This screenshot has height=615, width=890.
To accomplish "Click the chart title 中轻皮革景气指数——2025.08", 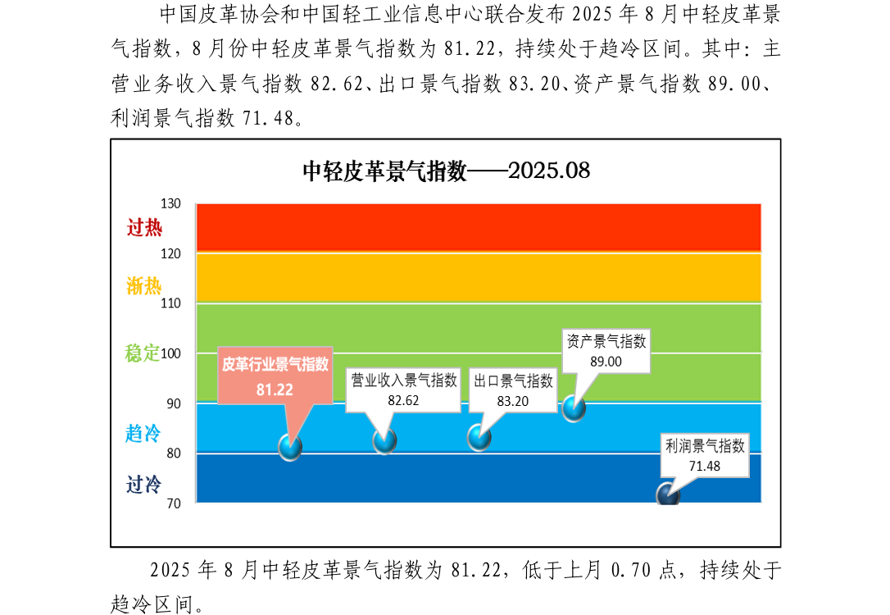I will (x=446, y=171).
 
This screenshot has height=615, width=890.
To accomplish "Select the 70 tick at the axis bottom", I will (x=172, y=503).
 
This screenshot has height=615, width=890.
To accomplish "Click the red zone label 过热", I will (x=144, y=228).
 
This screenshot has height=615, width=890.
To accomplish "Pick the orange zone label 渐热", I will (x=144, y=286).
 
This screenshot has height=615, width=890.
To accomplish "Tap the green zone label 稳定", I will (x=142, y=353).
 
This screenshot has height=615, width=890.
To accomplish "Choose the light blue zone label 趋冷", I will (x=143, y=434).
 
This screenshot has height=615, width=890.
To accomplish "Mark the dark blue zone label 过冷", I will (x=143, y=485).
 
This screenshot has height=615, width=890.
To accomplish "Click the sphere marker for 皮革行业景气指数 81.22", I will (x=290, y=447).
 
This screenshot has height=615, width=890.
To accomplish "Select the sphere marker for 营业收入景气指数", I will (x=384, y=440).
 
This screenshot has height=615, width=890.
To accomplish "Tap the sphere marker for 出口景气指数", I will (x=479, y=437).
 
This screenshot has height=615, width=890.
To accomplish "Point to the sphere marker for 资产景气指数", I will (x=574, y=408).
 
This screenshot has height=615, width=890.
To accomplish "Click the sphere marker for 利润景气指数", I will (x=668, y=495).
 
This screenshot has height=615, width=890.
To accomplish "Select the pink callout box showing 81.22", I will (x=275, y=376).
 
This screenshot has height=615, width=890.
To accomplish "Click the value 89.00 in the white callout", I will (x=606, y=361).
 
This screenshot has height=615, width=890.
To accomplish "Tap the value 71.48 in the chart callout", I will (x=704, y=466).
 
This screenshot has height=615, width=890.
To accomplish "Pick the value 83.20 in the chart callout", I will (x=513, y=401).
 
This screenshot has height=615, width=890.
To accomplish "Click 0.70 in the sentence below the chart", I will (x=642, y=570).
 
